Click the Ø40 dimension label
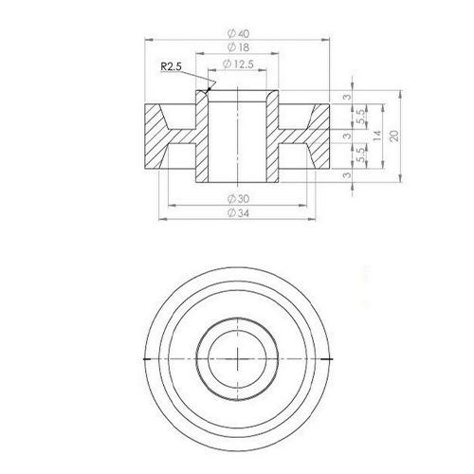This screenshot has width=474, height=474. coord(238,33)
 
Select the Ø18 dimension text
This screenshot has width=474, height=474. coord(238,47)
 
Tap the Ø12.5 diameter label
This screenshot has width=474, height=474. coord(238,64)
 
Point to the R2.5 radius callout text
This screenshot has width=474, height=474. coord(171,66)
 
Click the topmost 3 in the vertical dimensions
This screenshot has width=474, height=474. coord(347,97)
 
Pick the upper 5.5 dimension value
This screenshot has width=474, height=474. coord(361,117)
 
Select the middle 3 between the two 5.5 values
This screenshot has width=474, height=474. coord(347,137)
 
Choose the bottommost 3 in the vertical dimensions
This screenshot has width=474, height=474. coord(347,174)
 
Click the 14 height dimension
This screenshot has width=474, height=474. coord(377,136)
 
